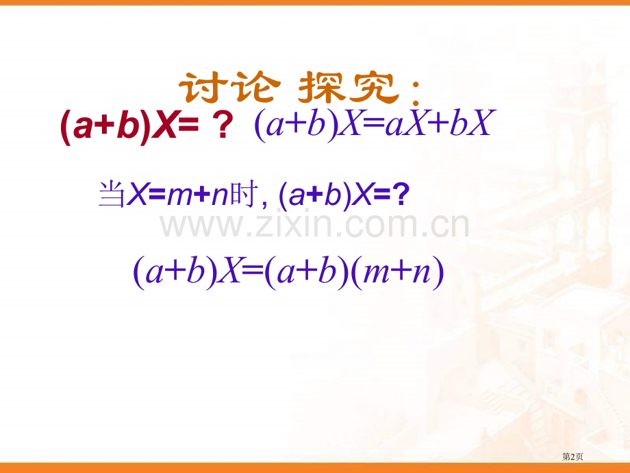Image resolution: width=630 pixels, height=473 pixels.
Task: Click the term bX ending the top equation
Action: (x=473, y=127)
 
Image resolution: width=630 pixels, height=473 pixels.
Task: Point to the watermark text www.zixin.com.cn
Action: (x=315, y=225)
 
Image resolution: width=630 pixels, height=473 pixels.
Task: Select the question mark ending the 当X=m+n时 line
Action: (x=403, y=195)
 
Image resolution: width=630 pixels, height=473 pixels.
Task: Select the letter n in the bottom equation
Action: (x=425, y=273)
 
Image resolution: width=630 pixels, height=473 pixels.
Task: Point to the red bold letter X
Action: (x=162, y=128)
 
